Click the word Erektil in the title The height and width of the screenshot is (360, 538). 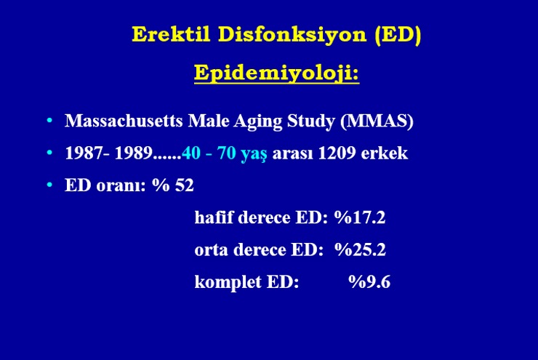[171, 34]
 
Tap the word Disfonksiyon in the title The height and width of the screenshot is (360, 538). [292, 35]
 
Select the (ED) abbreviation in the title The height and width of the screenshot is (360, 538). [398, 35]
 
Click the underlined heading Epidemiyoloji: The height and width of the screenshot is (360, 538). [276, 73]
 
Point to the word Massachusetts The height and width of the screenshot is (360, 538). [124, 121]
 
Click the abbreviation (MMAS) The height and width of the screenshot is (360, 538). [377, 121]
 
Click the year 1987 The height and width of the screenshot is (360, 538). [84, 153]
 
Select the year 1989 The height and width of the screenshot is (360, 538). [134, 153]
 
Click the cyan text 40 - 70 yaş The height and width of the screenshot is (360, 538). [225, 153]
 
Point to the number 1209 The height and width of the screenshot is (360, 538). [337, 153]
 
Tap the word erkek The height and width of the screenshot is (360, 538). [385, 153]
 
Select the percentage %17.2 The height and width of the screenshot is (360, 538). [360, 217]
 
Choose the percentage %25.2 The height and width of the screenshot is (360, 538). [361, 249]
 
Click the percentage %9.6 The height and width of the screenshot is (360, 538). [369, 281]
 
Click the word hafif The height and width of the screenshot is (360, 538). [214, 217]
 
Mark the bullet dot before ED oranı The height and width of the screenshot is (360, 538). [49, 185]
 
